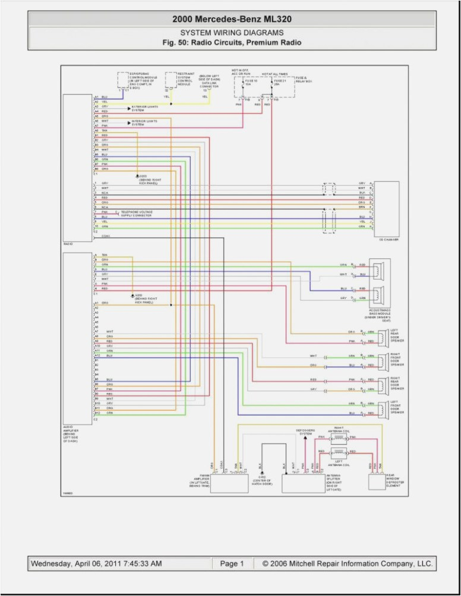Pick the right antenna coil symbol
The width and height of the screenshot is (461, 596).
pyautogui.click(x=338, y=438)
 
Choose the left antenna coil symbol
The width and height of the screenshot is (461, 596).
pyautogui.click(x=338, y=452)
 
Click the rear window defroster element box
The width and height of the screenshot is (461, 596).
pyautogui.click(x=377, y=481)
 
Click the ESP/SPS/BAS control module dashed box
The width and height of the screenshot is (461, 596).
pyautogui.click(x=131, y=80)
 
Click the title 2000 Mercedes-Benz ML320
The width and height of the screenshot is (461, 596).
pyautogui.click(x=231, y=20)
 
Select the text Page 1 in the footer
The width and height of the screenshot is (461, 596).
pyautogui.click(x=232, y=563)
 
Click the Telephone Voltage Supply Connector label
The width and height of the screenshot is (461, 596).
pyautogui.click(x=136, y=214)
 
